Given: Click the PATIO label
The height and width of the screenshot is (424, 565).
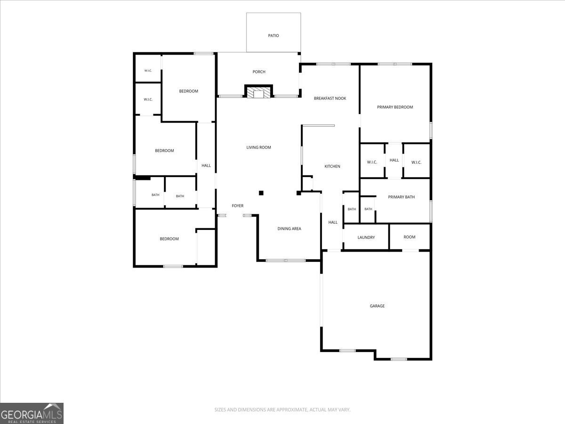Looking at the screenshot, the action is [274, 35].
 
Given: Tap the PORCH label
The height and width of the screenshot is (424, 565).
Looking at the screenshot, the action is [258, 72].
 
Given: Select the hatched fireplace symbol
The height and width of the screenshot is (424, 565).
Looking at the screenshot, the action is [258, 92].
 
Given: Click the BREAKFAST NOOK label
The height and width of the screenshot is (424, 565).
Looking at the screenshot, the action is [330, 98].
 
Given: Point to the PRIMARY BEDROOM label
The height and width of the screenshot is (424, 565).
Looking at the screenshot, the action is [395, 107].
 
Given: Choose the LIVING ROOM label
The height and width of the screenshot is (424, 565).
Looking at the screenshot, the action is [258, 147].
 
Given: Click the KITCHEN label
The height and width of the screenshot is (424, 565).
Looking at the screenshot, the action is [332, 166].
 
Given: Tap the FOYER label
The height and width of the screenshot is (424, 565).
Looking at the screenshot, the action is [238, 206].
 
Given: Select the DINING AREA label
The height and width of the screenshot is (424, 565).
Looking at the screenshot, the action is [289, 228].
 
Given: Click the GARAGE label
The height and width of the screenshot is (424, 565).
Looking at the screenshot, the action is [377, 306].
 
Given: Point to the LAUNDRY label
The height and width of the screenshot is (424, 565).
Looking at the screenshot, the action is [366, 237].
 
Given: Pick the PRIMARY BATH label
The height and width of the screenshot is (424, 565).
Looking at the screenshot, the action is [401, 197].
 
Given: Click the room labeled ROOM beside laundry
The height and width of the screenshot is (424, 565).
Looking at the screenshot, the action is [410, 237].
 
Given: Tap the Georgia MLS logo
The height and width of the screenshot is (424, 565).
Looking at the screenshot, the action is [32, 413].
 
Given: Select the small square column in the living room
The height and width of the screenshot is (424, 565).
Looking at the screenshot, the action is [261, 193].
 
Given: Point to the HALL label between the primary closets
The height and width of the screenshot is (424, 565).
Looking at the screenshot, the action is [394, 160].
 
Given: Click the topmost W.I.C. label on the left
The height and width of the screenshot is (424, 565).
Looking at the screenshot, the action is [148, 71].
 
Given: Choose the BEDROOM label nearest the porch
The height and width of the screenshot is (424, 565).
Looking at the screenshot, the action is [189, 91].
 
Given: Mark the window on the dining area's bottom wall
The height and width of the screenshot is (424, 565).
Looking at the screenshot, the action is [285, 261].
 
